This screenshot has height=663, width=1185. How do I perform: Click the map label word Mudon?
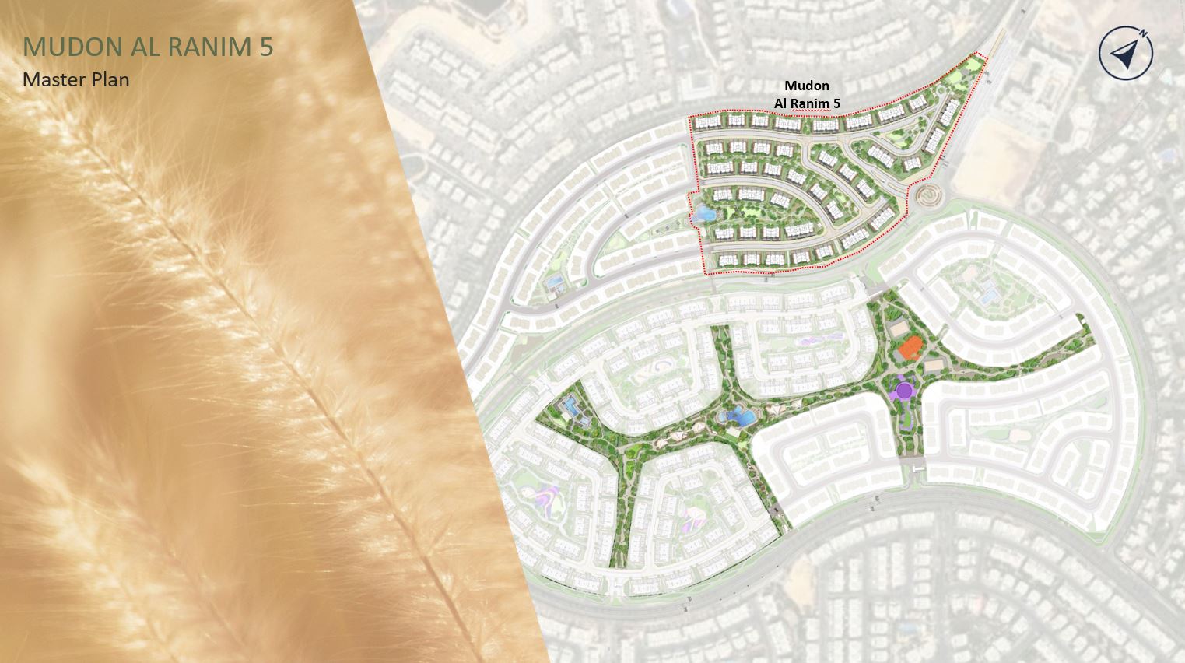pyautogui.click(x=806, y=86)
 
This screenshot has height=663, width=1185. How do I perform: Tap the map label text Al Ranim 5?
pyautogui.click(x=806, y=103)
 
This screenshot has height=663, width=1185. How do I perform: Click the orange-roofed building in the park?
pyautogui.click(x=908, y=349)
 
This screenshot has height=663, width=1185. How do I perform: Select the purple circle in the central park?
pyautogui.click(x=903, y=391)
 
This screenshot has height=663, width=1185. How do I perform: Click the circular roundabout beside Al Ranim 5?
pyautogui.click(x=927, y=194)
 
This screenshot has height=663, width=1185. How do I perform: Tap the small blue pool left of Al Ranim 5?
pyautogui.click(x=556, y=282)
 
